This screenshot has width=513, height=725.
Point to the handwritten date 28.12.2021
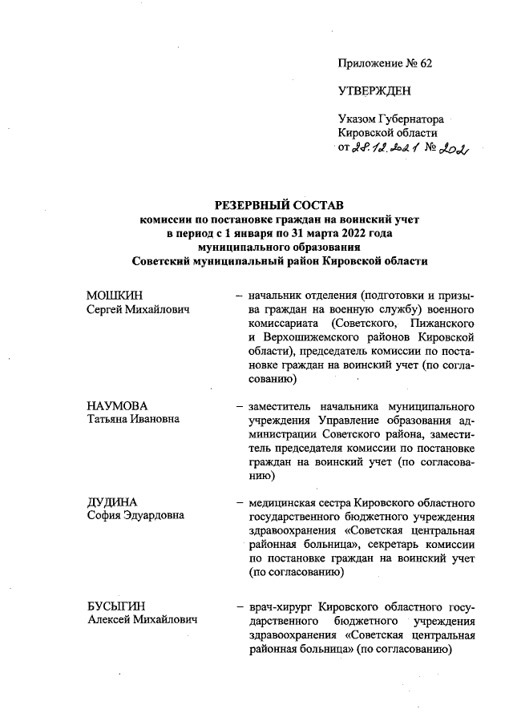pos(386,147)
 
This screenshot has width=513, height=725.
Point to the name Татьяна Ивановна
pos(133,419)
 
